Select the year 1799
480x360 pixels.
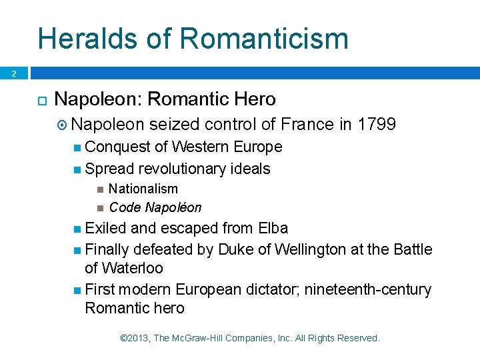(x=377, y=124)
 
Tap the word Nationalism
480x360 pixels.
(x=143, y=189)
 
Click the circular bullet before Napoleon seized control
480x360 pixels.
(x=62, y=125)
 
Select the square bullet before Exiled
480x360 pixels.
(x=78, y=229)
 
